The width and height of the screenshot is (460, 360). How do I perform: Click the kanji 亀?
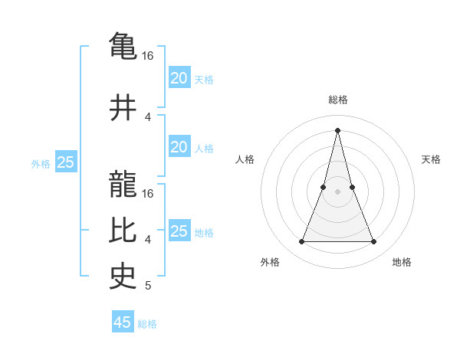(123, 46)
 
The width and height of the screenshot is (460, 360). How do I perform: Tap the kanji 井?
(123, 107)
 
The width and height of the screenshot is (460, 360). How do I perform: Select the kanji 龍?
(123, 185)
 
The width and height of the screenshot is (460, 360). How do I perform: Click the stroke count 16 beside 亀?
(148, 56)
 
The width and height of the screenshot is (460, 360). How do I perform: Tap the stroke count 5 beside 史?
(148, 286)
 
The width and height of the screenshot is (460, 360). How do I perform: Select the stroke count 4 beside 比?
(148, 240)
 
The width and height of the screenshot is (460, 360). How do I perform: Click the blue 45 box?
(123, 322)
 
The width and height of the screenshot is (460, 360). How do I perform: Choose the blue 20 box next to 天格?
(179, 78)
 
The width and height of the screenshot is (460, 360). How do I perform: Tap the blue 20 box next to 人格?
(179, 147)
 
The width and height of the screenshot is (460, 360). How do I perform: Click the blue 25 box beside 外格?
(65, 162)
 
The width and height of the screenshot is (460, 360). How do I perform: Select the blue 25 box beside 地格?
(179, 231)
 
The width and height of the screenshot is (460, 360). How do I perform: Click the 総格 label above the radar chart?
(337, 100)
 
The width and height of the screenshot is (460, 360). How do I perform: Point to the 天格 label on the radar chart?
(431, 159)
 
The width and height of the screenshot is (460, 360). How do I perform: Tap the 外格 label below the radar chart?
(270, 262)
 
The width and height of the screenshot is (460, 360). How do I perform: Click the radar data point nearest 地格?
(374, 242)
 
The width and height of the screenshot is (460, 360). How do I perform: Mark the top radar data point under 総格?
(337, 129)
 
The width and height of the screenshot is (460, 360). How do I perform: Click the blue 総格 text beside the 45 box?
(147, 324)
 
